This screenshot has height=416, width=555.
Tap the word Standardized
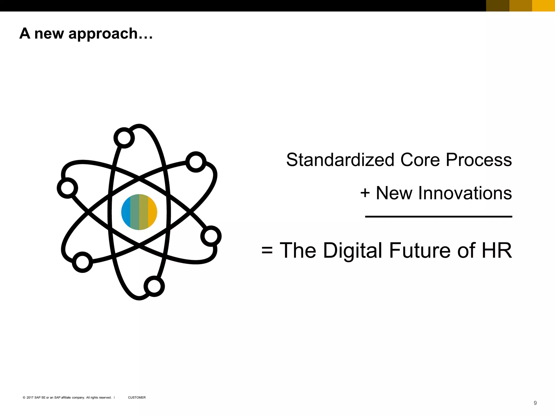340,160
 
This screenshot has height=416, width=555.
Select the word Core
420,160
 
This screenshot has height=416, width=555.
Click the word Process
479,160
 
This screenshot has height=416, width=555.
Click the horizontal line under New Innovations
438,217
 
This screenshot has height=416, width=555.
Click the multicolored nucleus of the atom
139,212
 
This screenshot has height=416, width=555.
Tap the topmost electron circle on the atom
124,138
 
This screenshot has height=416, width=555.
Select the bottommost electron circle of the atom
154,286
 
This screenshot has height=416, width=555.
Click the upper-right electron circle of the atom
196,162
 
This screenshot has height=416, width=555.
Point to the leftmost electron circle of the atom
67,188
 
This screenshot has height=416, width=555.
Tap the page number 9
535,403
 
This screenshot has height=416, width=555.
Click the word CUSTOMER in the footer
137,398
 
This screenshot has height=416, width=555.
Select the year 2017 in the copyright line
30,398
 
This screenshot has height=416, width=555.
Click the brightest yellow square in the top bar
543,6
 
